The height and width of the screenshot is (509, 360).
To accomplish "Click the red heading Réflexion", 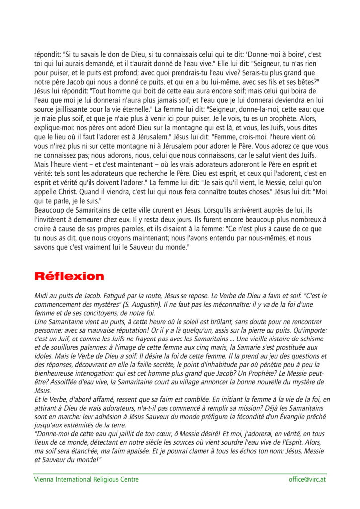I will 69,276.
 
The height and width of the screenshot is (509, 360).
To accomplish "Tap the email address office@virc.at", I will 307,479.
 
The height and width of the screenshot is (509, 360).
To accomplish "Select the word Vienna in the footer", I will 44,479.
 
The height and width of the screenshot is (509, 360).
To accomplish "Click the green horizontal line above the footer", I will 180,473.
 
